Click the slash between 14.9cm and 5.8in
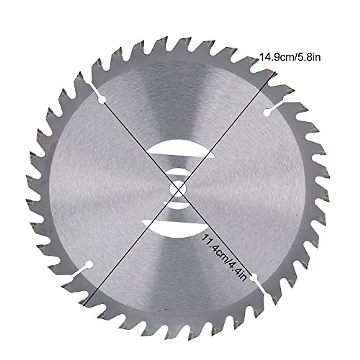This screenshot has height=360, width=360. click(x=294, y=57)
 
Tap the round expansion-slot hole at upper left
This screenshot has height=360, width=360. click(x=102, y=100)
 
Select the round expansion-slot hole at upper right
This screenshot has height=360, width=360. click(x=266, y=112)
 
